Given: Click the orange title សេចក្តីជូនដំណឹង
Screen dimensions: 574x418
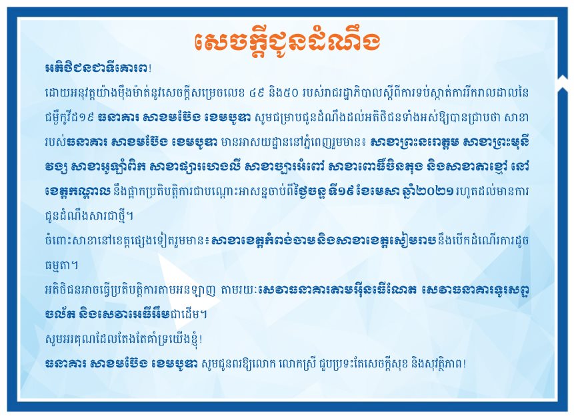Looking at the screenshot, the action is point(287,41).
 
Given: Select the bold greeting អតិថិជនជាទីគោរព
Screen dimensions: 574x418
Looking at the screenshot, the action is point(97,69).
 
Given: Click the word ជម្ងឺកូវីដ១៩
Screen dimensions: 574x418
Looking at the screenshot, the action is point(69,118).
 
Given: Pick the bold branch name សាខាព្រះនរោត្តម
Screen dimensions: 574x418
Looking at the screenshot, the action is point(413,142).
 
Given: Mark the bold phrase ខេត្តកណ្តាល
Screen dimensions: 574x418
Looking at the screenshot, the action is point(77,192).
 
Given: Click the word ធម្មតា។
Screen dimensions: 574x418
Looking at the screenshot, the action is point(61,265).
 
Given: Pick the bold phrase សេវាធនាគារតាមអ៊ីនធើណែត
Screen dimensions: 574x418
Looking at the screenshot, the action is point(337,290).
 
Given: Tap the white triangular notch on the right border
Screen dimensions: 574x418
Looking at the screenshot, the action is point(562,78).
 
